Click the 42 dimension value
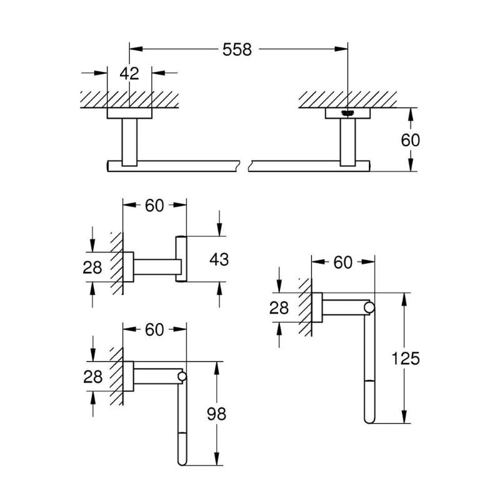(129, 73)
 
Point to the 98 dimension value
(217, 413)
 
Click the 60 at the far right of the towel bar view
(410, 140)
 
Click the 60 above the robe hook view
(154, 204)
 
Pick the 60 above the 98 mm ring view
(154, 329)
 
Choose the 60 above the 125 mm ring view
(342, 262)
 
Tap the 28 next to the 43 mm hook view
(92, 267)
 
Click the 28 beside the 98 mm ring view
(92, 376)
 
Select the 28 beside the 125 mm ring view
(279, 307)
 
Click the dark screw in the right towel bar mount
(348, 113)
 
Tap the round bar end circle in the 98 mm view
(182, 377)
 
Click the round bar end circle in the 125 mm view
(370, 307)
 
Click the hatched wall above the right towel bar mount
(347, 99)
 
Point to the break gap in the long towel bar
(244, 166)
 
